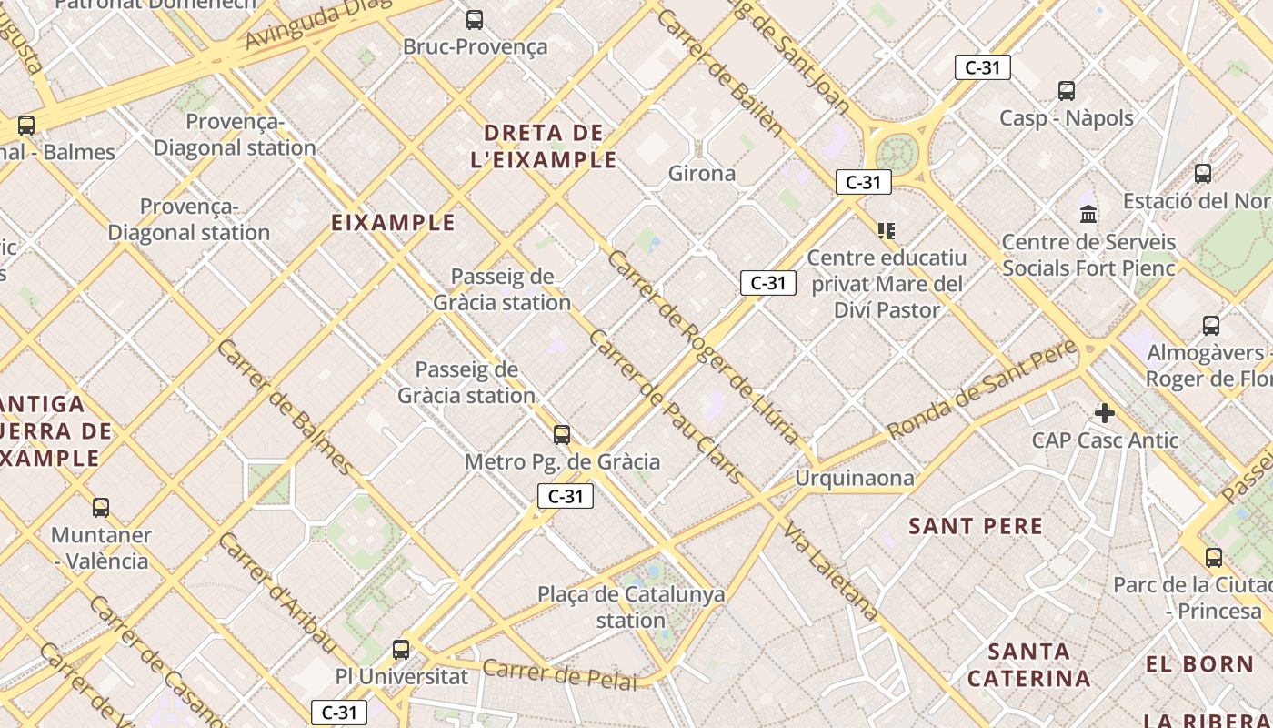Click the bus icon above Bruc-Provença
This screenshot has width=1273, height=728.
point(474,19)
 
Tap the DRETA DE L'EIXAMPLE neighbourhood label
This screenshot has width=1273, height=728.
point(544,147)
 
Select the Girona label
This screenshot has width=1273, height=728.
point(701,173)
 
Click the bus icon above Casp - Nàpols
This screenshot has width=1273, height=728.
point(1067,91)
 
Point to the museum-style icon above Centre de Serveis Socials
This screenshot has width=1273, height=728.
point(1088,215)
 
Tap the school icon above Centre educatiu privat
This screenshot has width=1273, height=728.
point(887,231)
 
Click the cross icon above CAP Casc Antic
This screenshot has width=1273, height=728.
point(1105,414)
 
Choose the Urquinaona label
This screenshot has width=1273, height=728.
point(854,478)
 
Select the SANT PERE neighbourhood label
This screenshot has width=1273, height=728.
point(976,526)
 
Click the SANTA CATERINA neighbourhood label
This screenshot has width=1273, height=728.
point(1028,665)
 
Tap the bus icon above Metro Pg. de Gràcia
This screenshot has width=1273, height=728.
point(562,435)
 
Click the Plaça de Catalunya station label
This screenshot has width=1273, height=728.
point(631,607)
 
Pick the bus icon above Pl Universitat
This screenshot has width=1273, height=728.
point(401,650)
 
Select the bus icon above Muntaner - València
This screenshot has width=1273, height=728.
point(101,508)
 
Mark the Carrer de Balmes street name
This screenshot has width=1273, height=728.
point(285,407)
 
